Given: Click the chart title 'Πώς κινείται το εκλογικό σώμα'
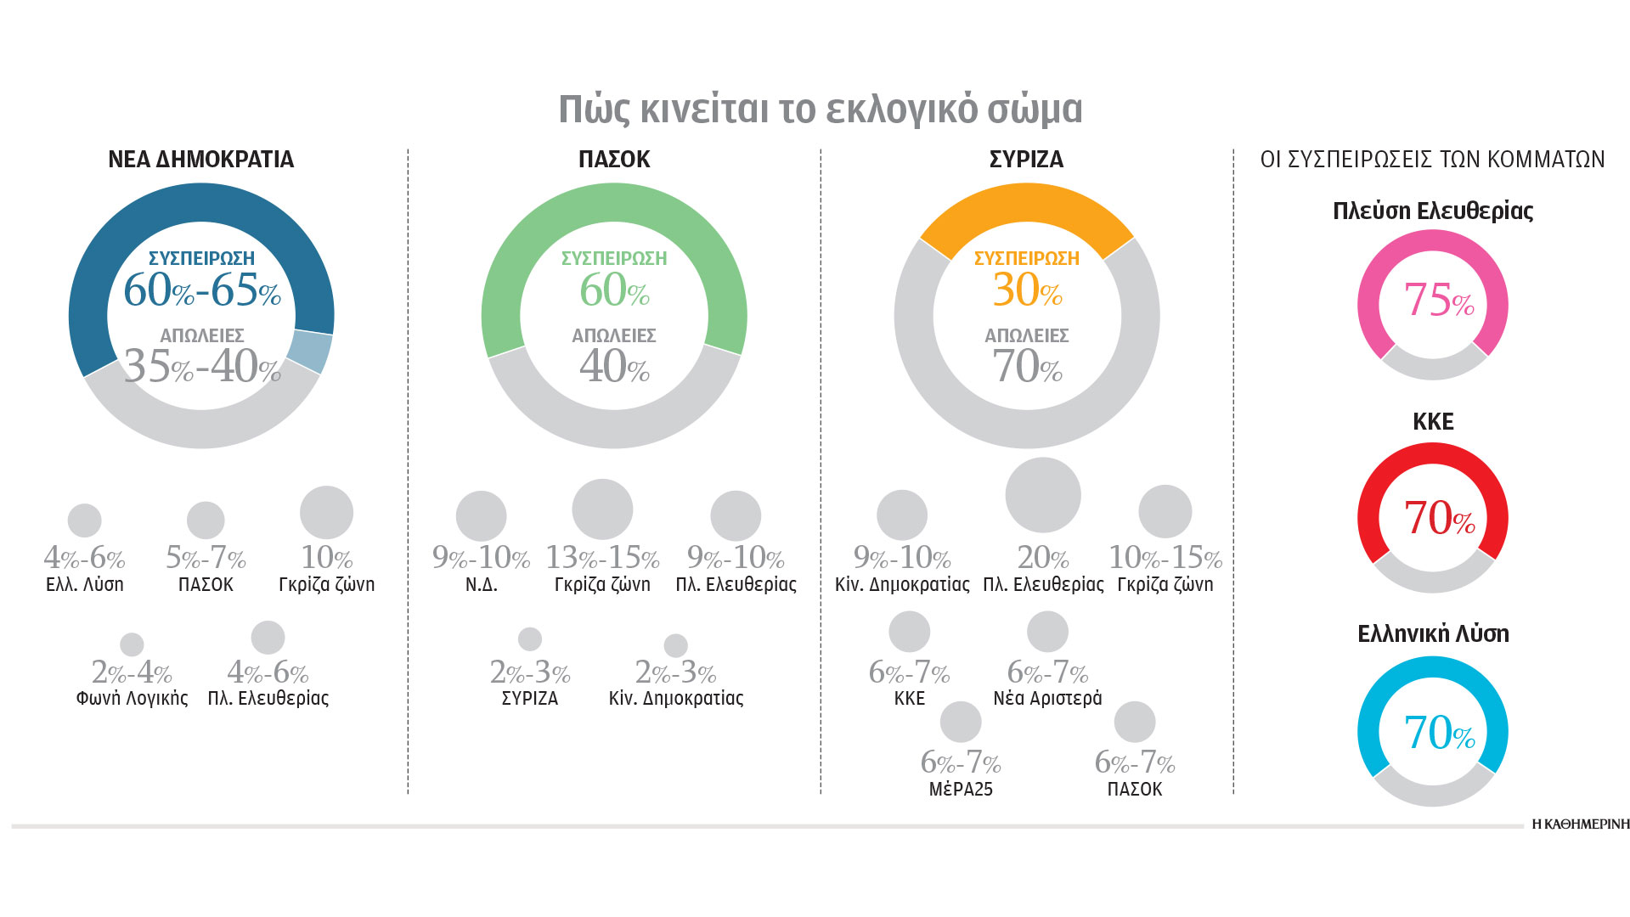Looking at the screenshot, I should click(820, 110).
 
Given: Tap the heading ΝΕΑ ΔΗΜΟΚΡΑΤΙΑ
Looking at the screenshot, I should click(200, 160).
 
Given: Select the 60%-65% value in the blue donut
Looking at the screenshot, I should click(201, 290).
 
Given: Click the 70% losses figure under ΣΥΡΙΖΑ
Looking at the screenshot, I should click(1027, 367).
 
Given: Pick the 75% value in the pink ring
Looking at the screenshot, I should click(1437, 301).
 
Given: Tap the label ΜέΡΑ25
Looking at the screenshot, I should click(961, 790).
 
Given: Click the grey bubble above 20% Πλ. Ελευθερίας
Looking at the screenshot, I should click(1042, 495).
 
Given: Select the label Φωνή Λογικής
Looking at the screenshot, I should click(132, 699).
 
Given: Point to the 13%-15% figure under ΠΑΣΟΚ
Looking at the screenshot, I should click(602, 558).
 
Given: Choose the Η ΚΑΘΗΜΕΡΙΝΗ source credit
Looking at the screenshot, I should click(1580, 824).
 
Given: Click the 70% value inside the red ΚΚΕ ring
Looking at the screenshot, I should click(1437, 518).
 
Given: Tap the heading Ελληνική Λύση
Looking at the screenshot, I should click(1433, 634).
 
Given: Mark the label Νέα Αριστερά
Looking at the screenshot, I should click(1047, 699).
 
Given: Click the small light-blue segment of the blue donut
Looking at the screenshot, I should click(310, 351).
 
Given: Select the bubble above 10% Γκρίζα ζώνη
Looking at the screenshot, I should click(326, 512).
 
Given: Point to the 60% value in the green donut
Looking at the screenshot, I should click(613, 290).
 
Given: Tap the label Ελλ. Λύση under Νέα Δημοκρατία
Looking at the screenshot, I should click(84, 585).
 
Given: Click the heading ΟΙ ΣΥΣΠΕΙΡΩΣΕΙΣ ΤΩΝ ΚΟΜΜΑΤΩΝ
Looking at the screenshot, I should click(1432, 160).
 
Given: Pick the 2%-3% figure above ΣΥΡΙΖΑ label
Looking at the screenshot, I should click(529, 673).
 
